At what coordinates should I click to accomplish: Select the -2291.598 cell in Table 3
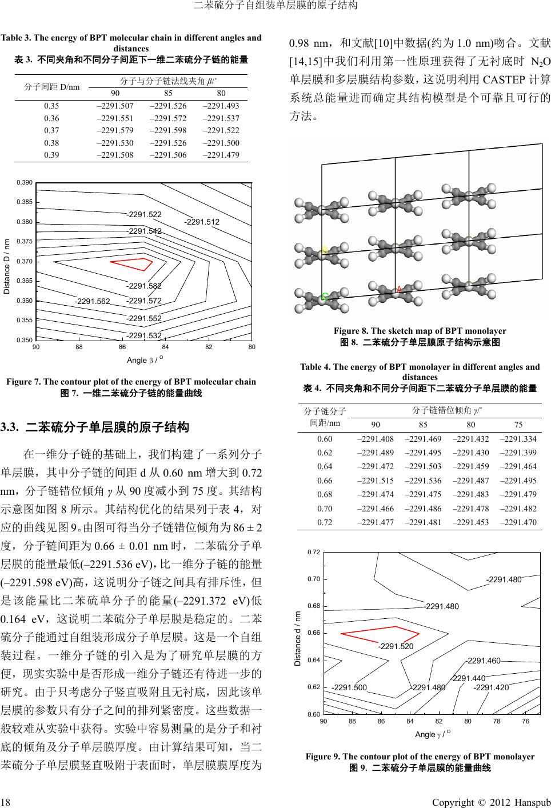point(167,130)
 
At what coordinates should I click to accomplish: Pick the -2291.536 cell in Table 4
point(423,480)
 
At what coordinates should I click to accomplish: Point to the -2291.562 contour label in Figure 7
point(92,301)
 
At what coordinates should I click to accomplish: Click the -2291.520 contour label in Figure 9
point(396,646)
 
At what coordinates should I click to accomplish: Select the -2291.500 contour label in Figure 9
point(349,687)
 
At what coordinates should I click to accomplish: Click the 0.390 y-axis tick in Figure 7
point(23,182)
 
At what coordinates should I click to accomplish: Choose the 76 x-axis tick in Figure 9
point(525,721)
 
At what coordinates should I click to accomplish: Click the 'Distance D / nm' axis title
point(7,266)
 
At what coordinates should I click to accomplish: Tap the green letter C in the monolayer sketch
point(324,297)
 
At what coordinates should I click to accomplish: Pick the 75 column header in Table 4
point(518,425)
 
